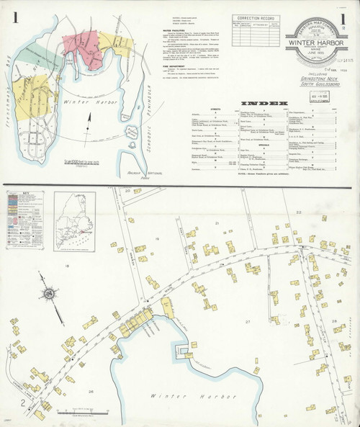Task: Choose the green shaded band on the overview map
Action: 29,53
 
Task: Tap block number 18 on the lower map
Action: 69,266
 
